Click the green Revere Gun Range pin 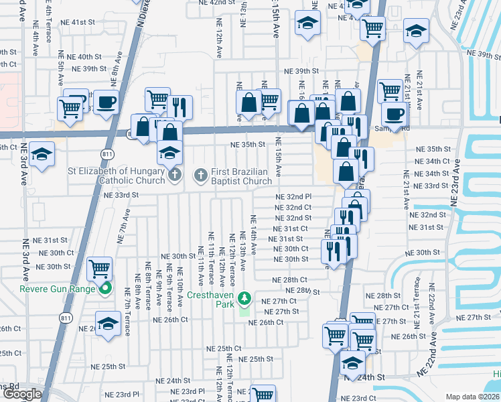pyautogui.click(x=104, y=289)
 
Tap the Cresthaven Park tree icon pyautogui.click(x=245, y=297)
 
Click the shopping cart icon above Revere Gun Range pyautogui.click(x=99, y=269)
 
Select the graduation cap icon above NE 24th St pyautogui.click(x=352, y=362)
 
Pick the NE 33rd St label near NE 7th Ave pyautogui.click(x=121, y=195)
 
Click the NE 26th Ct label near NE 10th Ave pyautogui.click(x=170, y=320)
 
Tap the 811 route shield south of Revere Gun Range pyautogui.click(x=66, y=317)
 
